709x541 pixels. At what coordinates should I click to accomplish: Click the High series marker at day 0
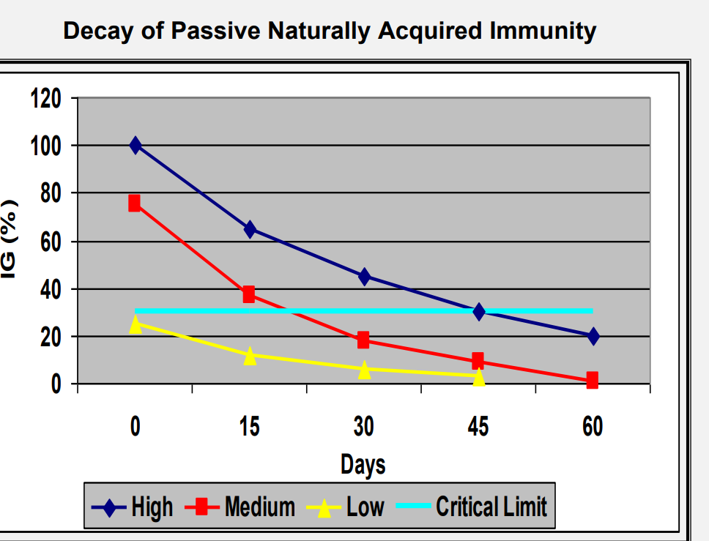pyautogui.click(x=136, y=146)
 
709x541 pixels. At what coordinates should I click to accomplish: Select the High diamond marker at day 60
pyautogui.click(x=593, y=336)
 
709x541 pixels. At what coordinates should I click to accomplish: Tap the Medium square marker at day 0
pyautogui.click(x=135, y=203)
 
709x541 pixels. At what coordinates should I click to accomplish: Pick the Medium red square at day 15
pyautogui.click(x=249, y=294)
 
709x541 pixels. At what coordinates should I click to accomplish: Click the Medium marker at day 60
pyautogui.click(x=592, y=380)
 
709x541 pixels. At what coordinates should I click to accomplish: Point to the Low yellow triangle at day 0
pyautogui.click(x=136, y=324)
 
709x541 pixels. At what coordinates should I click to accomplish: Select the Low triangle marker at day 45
pyautogui.click(x=478, y=377)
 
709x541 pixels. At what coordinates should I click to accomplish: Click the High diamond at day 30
pyautogui.click(x=364, y=277)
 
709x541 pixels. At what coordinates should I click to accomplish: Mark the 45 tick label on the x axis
pyautogui.click(x=478, y=427)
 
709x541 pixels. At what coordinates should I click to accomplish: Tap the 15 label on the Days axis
pyautogui.click(x=249, y=427)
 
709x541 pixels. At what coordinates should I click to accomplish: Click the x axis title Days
pyautogui.click(x=363, y=464)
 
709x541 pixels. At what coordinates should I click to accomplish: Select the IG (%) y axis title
pyautogui.click(x=10, y=239)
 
